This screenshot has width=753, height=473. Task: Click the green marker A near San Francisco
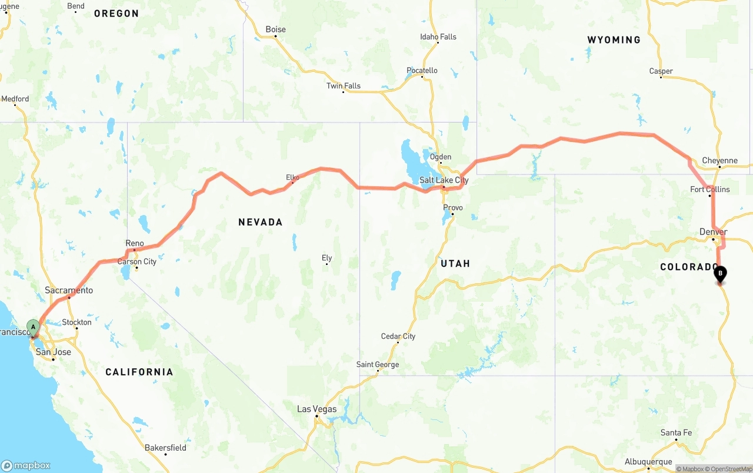tap(34, 326)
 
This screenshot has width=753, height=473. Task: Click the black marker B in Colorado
tap(720, 273)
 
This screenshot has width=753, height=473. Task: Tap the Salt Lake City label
tap(444, 180)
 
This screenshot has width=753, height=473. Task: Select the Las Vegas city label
tap(316, 409)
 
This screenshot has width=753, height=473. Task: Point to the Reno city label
tap(134, 243)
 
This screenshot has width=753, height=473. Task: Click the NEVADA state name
tap(260, 222)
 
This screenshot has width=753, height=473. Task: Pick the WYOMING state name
tap(614, 40)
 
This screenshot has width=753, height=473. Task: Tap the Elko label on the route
tap(292, 177)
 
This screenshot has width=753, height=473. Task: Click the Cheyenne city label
tap(719, 161)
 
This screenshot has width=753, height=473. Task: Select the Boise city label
tap(275, 29)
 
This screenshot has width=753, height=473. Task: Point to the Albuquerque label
tap(648, 462)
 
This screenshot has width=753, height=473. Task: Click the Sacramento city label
tap(69, 290)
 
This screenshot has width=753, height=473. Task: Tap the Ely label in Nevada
tap(326, 258)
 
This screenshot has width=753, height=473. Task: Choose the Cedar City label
tap(398, 336)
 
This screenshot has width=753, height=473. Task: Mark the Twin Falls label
tap(344, 86)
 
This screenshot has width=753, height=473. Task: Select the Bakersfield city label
tap(165, 448)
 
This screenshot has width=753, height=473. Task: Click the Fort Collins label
tap(709, 189)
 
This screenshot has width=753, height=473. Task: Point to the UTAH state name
tap(455, 263)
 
